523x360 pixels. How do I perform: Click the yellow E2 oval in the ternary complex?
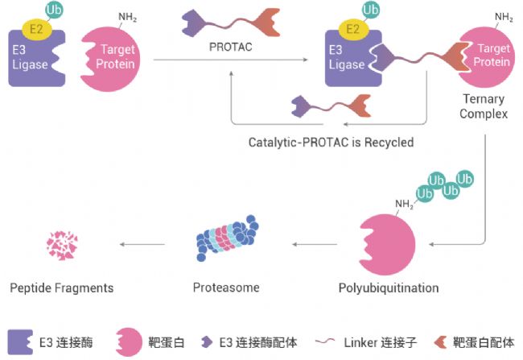point(353,29)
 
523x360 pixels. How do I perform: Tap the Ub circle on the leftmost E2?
point(54,10)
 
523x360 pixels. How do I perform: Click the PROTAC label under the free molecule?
point(230,47)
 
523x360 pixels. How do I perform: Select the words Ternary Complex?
point(484,106)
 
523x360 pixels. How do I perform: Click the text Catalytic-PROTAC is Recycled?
point(331,143)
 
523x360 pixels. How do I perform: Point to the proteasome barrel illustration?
point(227,238)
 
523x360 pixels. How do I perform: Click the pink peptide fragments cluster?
point(62,246)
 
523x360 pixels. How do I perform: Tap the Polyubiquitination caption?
point(389,288)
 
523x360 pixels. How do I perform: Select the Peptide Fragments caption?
point(62,288)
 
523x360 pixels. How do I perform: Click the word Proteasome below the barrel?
point(226,288)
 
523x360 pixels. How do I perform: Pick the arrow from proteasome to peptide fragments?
point(142,245)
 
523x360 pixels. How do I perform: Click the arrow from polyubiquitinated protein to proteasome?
point(315,245)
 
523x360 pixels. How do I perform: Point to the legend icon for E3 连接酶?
point(20,342)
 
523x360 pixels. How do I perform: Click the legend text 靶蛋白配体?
point(484,342)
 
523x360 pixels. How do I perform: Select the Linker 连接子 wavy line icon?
point(325,341)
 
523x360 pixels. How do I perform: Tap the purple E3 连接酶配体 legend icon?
point(207,342)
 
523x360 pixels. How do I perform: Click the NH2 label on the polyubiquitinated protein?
point(404,204)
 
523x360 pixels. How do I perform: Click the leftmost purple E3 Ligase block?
point(35,59)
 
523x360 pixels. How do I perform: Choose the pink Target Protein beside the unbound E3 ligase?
point(110,59)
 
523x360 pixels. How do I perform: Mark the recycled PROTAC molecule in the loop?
point(331,106)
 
